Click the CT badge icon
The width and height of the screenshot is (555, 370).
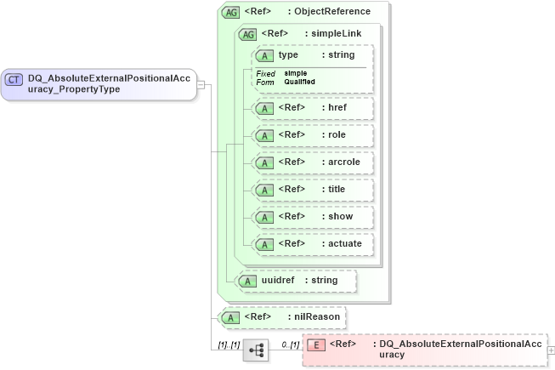14,79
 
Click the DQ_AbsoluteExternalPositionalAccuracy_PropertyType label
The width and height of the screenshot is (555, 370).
109,83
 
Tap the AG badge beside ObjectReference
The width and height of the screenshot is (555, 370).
230,12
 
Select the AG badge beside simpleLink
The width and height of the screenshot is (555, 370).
248,34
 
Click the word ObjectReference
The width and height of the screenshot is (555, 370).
332,12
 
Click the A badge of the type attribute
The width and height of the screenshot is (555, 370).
265,55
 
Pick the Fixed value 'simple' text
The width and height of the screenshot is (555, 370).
296,73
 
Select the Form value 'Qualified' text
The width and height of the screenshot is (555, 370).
300,82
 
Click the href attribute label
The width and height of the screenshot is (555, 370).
336,108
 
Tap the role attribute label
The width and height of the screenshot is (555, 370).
335,135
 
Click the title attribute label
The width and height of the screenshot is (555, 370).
335,189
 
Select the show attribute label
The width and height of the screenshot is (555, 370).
337,216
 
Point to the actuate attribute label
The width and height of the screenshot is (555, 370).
342,243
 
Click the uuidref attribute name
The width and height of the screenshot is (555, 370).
280,280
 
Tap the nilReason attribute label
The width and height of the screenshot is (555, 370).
317,317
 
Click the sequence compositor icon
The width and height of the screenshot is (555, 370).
256,350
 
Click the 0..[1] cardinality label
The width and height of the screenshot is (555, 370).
290,344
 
